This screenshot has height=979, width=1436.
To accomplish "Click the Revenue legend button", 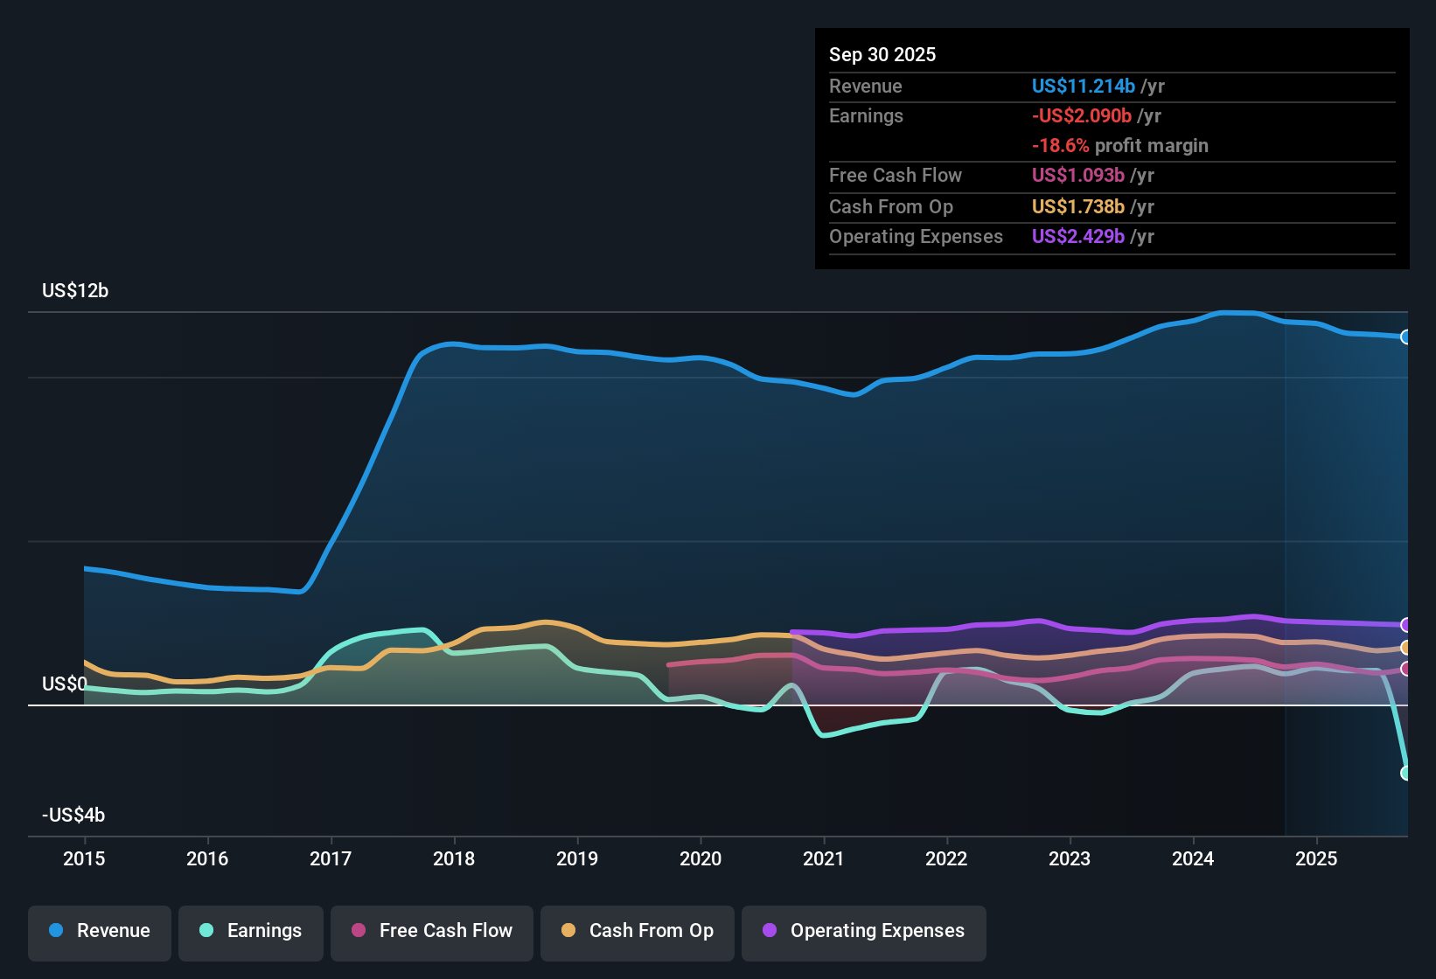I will (x=100, y=931).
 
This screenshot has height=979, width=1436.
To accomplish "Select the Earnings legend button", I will (x=250, y=931).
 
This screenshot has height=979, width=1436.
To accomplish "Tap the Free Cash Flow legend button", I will (x=432, y=931).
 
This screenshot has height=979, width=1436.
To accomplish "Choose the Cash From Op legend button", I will (x=638, y=931).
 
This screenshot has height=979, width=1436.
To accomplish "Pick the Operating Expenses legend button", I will (x=864, y=931).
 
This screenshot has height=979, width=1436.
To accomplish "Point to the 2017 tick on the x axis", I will (x=331, y=858).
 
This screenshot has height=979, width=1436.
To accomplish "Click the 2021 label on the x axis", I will (x=823, y=858).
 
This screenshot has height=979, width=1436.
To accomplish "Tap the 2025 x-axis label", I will (x=1315, y=858).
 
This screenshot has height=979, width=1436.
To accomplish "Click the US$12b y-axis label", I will (x=75, y=291).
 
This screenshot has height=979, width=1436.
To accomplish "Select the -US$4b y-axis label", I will (x=73, y=816).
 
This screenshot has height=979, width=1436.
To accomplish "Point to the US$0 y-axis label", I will (x=64, y=684).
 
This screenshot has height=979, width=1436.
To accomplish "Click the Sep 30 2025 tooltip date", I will (x=882, y=55).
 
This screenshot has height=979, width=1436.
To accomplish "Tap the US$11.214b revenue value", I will (x=1083, y=87).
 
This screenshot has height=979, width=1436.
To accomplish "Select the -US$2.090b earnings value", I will (x=1081, y=116).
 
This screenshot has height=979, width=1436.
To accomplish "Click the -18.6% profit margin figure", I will (x=1060, y=146).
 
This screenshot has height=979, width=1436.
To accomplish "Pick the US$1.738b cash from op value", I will (x=1077, y=207).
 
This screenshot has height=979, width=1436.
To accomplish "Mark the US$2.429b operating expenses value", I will (x=1077, y=237).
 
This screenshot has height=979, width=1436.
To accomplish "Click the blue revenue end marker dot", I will (x=1405, y=337).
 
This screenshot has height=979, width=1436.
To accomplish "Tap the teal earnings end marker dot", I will (x=1405, y=773).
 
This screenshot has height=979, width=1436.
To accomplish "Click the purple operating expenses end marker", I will (x=1405, y=625).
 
